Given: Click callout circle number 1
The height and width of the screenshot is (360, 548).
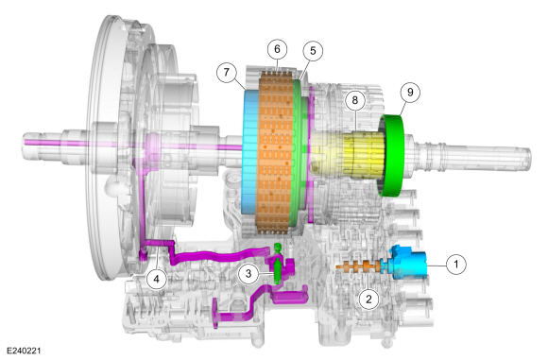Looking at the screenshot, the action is [x=455, y=265].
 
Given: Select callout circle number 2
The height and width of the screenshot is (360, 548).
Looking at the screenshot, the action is [x=368, y=300].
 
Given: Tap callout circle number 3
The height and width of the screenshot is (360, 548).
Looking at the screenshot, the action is [x=248, y=274].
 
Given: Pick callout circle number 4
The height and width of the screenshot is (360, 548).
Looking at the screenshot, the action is [x=156, y=279].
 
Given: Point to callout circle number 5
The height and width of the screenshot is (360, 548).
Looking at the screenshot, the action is [x=313, y=51].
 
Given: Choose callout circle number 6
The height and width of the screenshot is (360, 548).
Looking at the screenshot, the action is [x=277, y=49].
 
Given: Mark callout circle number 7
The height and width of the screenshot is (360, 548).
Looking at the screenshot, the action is [x=227, y=73].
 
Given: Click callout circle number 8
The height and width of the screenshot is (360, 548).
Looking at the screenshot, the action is [x=354, y=101].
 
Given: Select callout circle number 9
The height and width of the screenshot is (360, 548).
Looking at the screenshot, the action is [x=410, y=93].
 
